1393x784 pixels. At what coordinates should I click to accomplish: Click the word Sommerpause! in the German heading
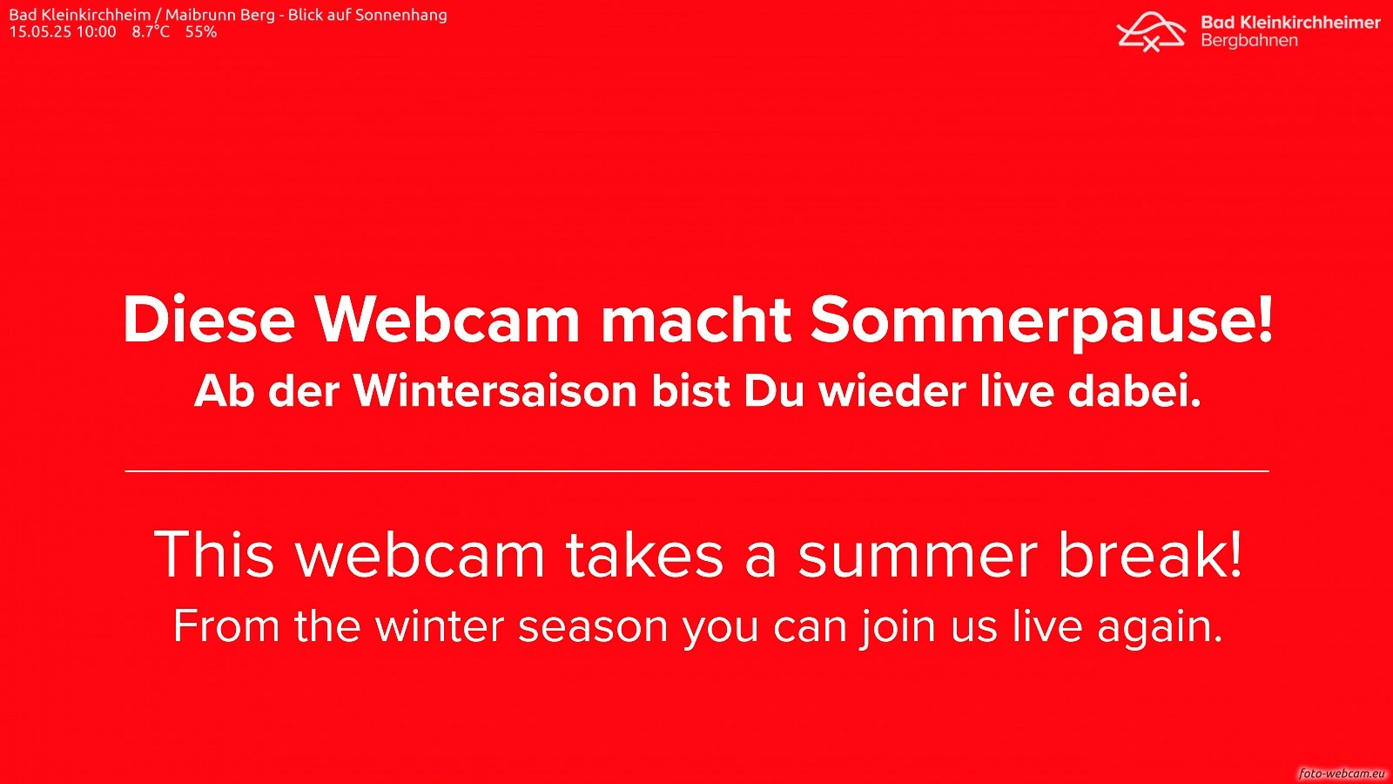point(1041,321)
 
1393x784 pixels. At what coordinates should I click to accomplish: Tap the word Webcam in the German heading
point(448,319)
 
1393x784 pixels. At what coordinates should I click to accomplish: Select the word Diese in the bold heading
point(209,319)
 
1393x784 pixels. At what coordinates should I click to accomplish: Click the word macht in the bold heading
point(696,319)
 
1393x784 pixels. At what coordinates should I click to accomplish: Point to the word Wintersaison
point(495,391)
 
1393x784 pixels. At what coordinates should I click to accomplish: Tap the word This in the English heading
point(213,554)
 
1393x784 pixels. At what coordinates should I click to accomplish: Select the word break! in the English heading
point(1150,554)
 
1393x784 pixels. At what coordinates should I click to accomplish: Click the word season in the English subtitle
point(593,627)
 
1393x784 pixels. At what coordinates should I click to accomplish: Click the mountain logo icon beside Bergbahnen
point(1151,31)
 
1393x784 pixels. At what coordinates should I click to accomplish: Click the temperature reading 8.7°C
point(151,31)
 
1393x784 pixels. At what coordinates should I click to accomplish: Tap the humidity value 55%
point(201,31)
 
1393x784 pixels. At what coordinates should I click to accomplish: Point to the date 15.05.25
point(40,31)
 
